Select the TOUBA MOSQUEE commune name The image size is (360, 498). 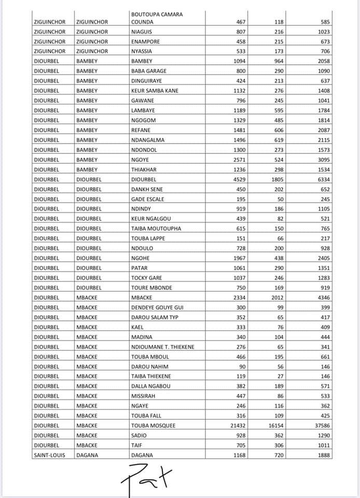[153, 425]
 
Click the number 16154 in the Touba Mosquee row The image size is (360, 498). [280, 425]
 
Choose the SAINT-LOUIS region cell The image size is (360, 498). [49, 455]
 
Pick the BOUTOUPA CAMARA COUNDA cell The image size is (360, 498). [157, 18]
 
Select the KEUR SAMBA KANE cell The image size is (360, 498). [155, 91]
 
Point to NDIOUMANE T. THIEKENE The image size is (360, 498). [162, 347]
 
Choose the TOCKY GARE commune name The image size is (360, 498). [146, 278]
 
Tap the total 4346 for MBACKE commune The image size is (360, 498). [323, 297]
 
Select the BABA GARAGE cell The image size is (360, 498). [148, 71]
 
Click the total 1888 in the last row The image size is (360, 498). [323, 455]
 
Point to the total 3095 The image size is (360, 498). [323, 159]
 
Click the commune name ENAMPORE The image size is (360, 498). [145, 41]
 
